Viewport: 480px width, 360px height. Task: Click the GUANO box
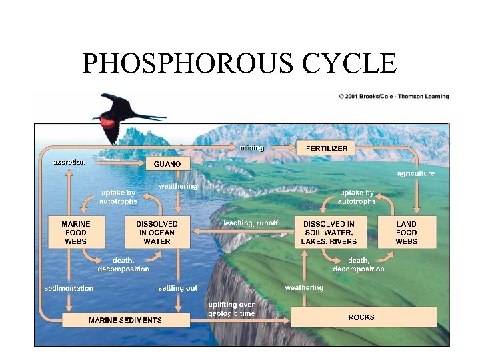[x=168, y=163]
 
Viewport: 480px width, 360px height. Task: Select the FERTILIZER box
[x=327, y=147]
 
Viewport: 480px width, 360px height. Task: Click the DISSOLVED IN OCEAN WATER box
[x=157, y=232]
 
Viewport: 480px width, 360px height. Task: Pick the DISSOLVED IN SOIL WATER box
[x=329, y=232]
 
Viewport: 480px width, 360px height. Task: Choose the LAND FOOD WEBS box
[x=406, y=232]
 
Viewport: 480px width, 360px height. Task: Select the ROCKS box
[x=361, y=317]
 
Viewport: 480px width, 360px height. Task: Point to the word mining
[x=252, y=147]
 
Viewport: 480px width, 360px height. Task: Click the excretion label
[x=69, y=162]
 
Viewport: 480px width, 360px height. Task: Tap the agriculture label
[x=415, y=173]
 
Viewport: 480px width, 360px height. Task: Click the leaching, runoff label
[x=251, y=223]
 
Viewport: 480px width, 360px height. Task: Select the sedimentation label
[x=69, y=289]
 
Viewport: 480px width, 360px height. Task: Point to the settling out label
[x=178, y=289]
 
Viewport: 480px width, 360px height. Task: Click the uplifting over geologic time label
[x=231, y=309]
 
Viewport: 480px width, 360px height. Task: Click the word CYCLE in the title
[x=349, y=64]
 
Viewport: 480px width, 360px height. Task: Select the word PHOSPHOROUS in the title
[x=189, y=64]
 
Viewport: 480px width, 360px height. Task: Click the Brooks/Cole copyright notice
[x=394, y=97]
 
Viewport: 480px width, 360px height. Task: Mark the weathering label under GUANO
[x=178, y=186]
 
